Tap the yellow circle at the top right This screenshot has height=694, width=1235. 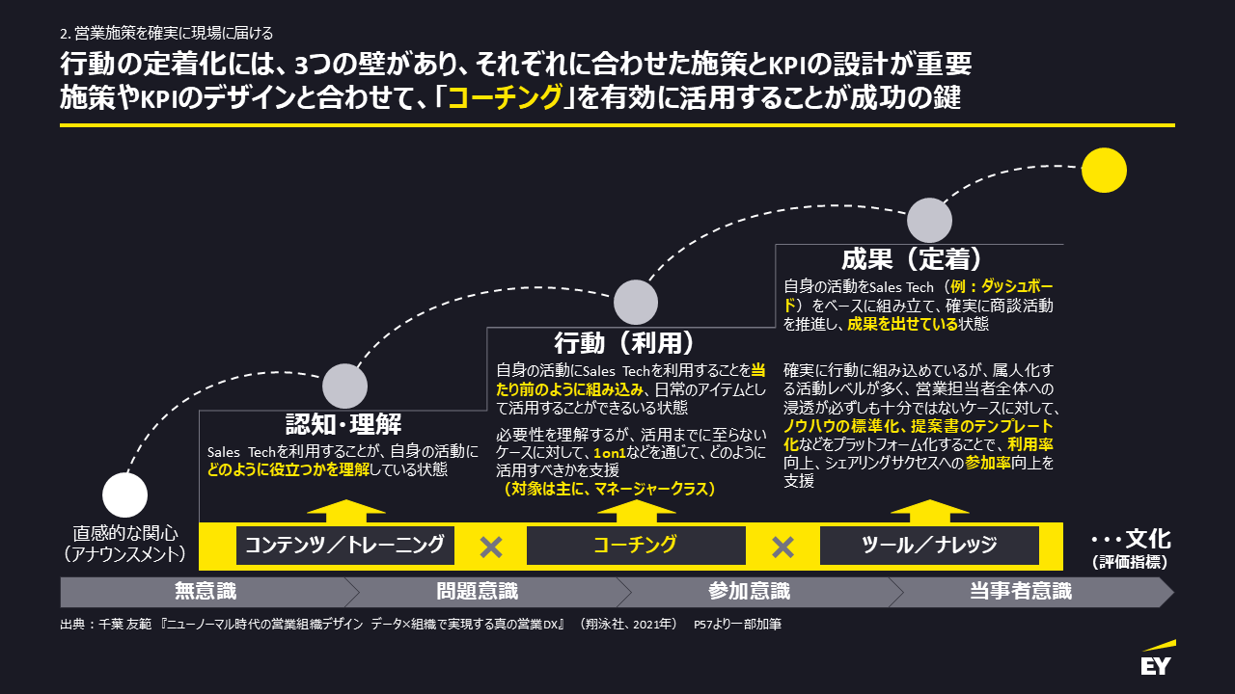coord(1104,170)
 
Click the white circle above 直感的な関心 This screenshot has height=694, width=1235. coord(124,495)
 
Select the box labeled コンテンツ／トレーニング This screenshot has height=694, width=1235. coord(344,546)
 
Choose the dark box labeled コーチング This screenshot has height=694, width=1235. coord(635,546)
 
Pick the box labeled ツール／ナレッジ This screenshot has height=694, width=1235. coord(929,546)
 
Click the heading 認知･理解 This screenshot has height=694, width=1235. coord(343,424)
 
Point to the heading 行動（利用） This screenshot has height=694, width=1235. coord(624,342)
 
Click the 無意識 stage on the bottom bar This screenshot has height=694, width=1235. coord(205,591)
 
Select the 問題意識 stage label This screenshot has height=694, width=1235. coord(477,591)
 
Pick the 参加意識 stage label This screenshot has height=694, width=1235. coord(749,591)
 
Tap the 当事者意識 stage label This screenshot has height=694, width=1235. coord(1020,591)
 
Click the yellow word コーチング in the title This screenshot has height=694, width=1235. coord(506,98)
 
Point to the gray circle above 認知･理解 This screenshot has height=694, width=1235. coord(344,387)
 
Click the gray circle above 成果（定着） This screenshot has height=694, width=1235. coord(930,220)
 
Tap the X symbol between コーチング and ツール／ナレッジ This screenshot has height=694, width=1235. coord(782,547)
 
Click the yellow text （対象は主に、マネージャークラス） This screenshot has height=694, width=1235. coord(609,490)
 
